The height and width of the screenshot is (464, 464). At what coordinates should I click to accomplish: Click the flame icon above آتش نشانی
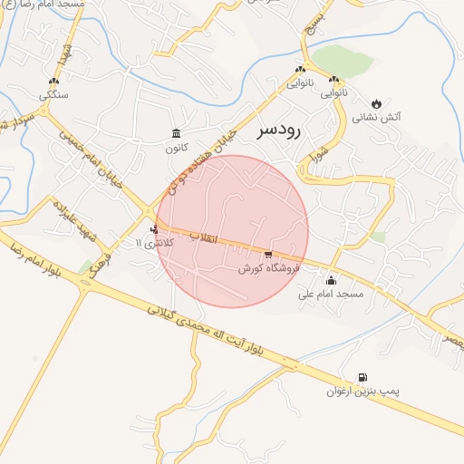click(378, 101)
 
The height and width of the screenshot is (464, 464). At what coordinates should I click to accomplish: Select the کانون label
click(175, 147)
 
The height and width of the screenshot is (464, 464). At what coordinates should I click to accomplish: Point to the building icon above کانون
click(175, 133)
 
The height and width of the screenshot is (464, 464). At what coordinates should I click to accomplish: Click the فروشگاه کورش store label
click(268, 269)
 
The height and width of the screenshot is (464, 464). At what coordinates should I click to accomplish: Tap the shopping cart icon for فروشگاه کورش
click(268, 255)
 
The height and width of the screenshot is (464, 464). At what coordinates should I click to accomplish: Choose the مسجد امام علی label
click(331, 295)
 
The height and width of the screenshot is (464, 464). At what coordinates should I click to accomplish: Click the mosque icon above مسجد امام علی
click(330, 280)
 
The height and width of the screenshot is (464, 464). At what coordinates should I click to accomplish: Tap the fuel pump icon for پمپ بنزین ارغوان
click(363, 377)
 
